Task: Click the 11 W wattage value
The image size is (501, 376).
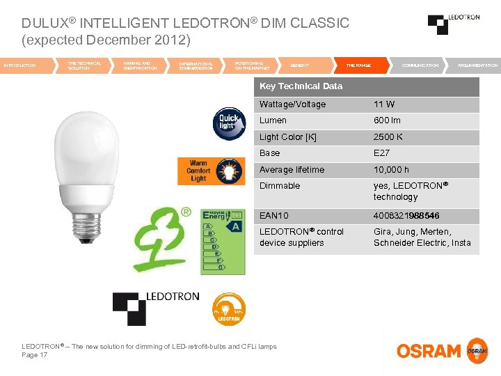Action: (384, 104)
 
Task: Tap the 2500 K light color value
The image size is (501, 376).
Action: (388, 137)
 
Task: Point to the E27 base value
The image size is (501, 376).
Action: (382, 153)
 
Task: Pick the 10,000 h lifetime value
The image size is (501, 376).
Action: (391, 170)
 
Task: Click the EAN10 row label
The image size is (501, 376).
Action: (274, 216)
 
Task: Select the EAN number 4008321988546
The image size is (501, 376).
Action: (406, 216)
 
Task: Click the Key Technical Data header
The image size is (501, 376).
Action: (301, 86)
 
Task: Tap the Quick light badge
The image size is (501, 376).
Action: (228, 122)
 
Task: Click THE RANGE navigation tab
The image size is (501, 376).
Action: (358, 65)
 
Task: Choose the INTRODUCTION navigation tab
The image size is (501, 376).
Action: (20, 65)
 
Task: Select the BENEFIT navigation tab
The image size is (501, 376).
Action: (300, 65)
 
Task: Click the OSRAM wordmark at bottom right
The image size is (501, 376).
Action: (429, 351)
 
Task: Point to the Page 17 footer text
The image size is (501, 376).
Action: (35, 355)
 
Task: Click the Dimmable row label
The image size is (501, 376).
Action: (280, 186)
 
